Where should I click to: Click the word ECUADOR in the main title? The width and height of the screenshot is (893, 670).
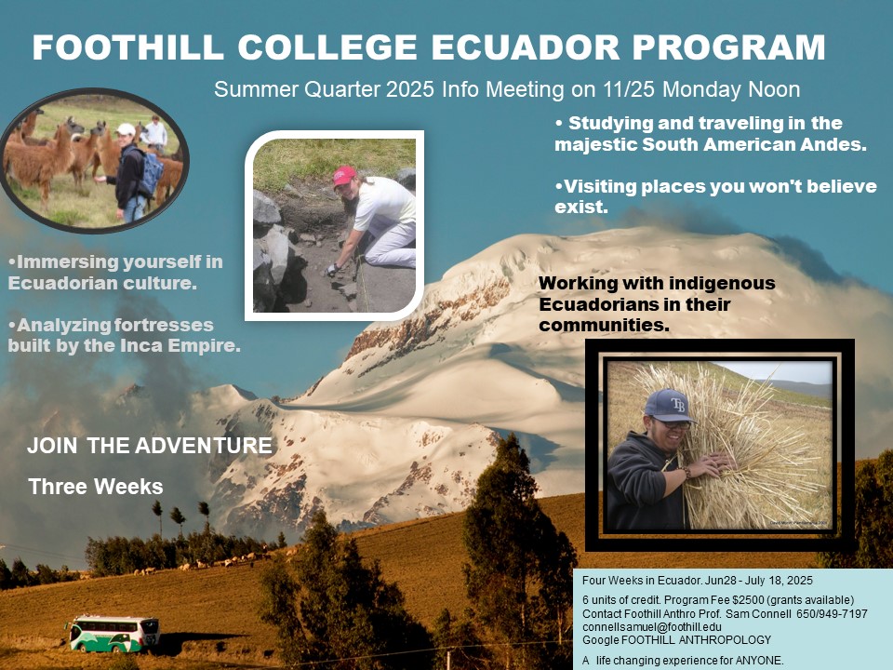click(525, 47)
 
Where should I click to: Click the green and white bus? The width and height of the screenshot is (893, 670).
click(113, 634)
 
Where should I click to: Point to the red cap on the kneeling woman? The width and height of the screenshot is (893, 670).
click(344, 176)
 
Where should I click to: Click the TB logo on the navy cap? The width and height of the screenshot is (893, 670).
click(678, 405)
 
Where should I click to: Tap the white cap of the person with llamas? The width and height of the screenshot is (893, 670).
click(126, 129)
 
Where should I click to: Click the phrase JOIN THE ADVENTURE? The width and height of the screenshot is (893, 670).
click(150, 446)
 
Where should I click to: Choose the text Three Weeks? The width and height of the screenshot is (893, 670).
click(96, 487)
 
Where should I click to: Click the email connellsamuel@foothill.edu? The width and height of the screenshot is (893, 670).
click(651, 626)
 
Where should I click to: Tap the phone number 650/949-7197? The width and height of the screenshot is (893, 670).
click(832, 613)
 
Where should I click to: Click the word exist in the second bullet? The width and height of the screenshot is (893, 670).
click(580, 207)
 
